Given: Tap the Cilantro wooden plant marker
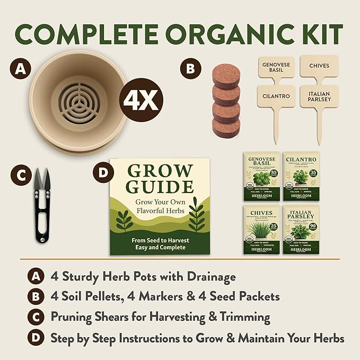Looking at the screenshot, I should pos(276,97).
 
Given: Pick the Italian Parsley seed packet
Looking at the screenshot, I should pos(301,229).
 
